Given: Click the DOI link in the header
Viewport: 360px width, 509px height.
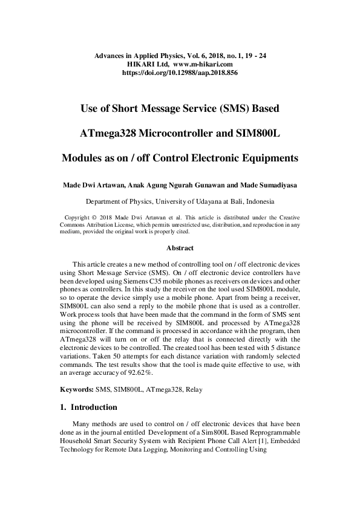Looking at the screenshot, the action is pos(180,72).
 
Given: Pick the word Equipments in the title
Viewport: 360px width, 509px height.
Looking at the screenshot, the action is pos(267,158).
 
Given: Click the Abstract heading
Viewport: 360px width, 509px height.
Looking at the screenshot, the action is pos(180,248).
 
